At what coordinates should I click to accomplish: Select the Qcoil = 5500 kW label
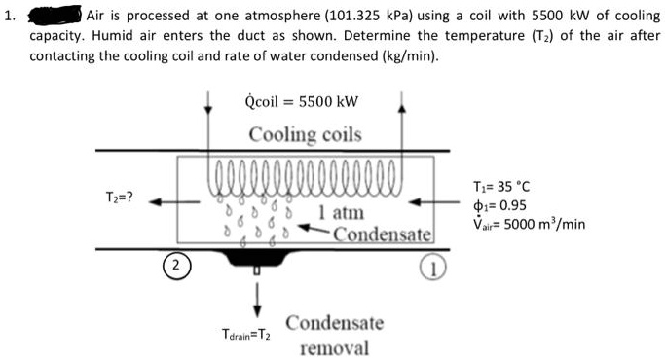click(303, 100)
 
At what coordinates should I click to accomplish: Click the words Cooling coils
click(305, 134)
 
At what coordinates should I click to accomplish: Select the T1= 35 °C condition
click(499, 187)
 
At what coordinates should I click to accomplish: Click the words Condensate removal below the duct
click(334, 335)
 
